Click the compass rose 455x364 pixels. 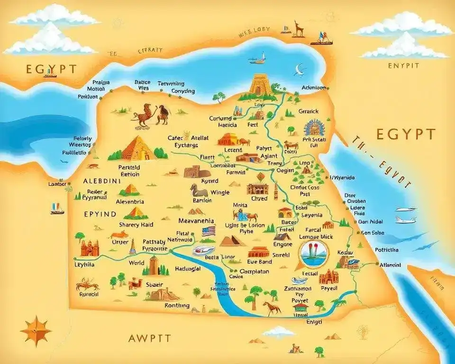click(x=36, y=330)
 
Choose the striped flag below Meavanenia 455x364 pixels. click(x=209, y=231)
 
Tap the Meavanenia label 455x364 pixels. click(x=196, y=221)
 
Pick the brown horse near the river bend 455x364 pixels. click(x=272, y=308)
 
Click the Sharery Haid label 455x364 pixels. click(x=136, y=225)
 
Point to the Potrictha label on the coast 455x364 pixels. click(x=386, y=250)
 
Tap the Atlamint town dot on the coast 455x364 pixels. click(x=377, y=264)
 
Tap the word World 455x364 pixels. click(x=136, y=263)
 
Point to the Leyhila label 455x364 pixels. click(x=85, y=264)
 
